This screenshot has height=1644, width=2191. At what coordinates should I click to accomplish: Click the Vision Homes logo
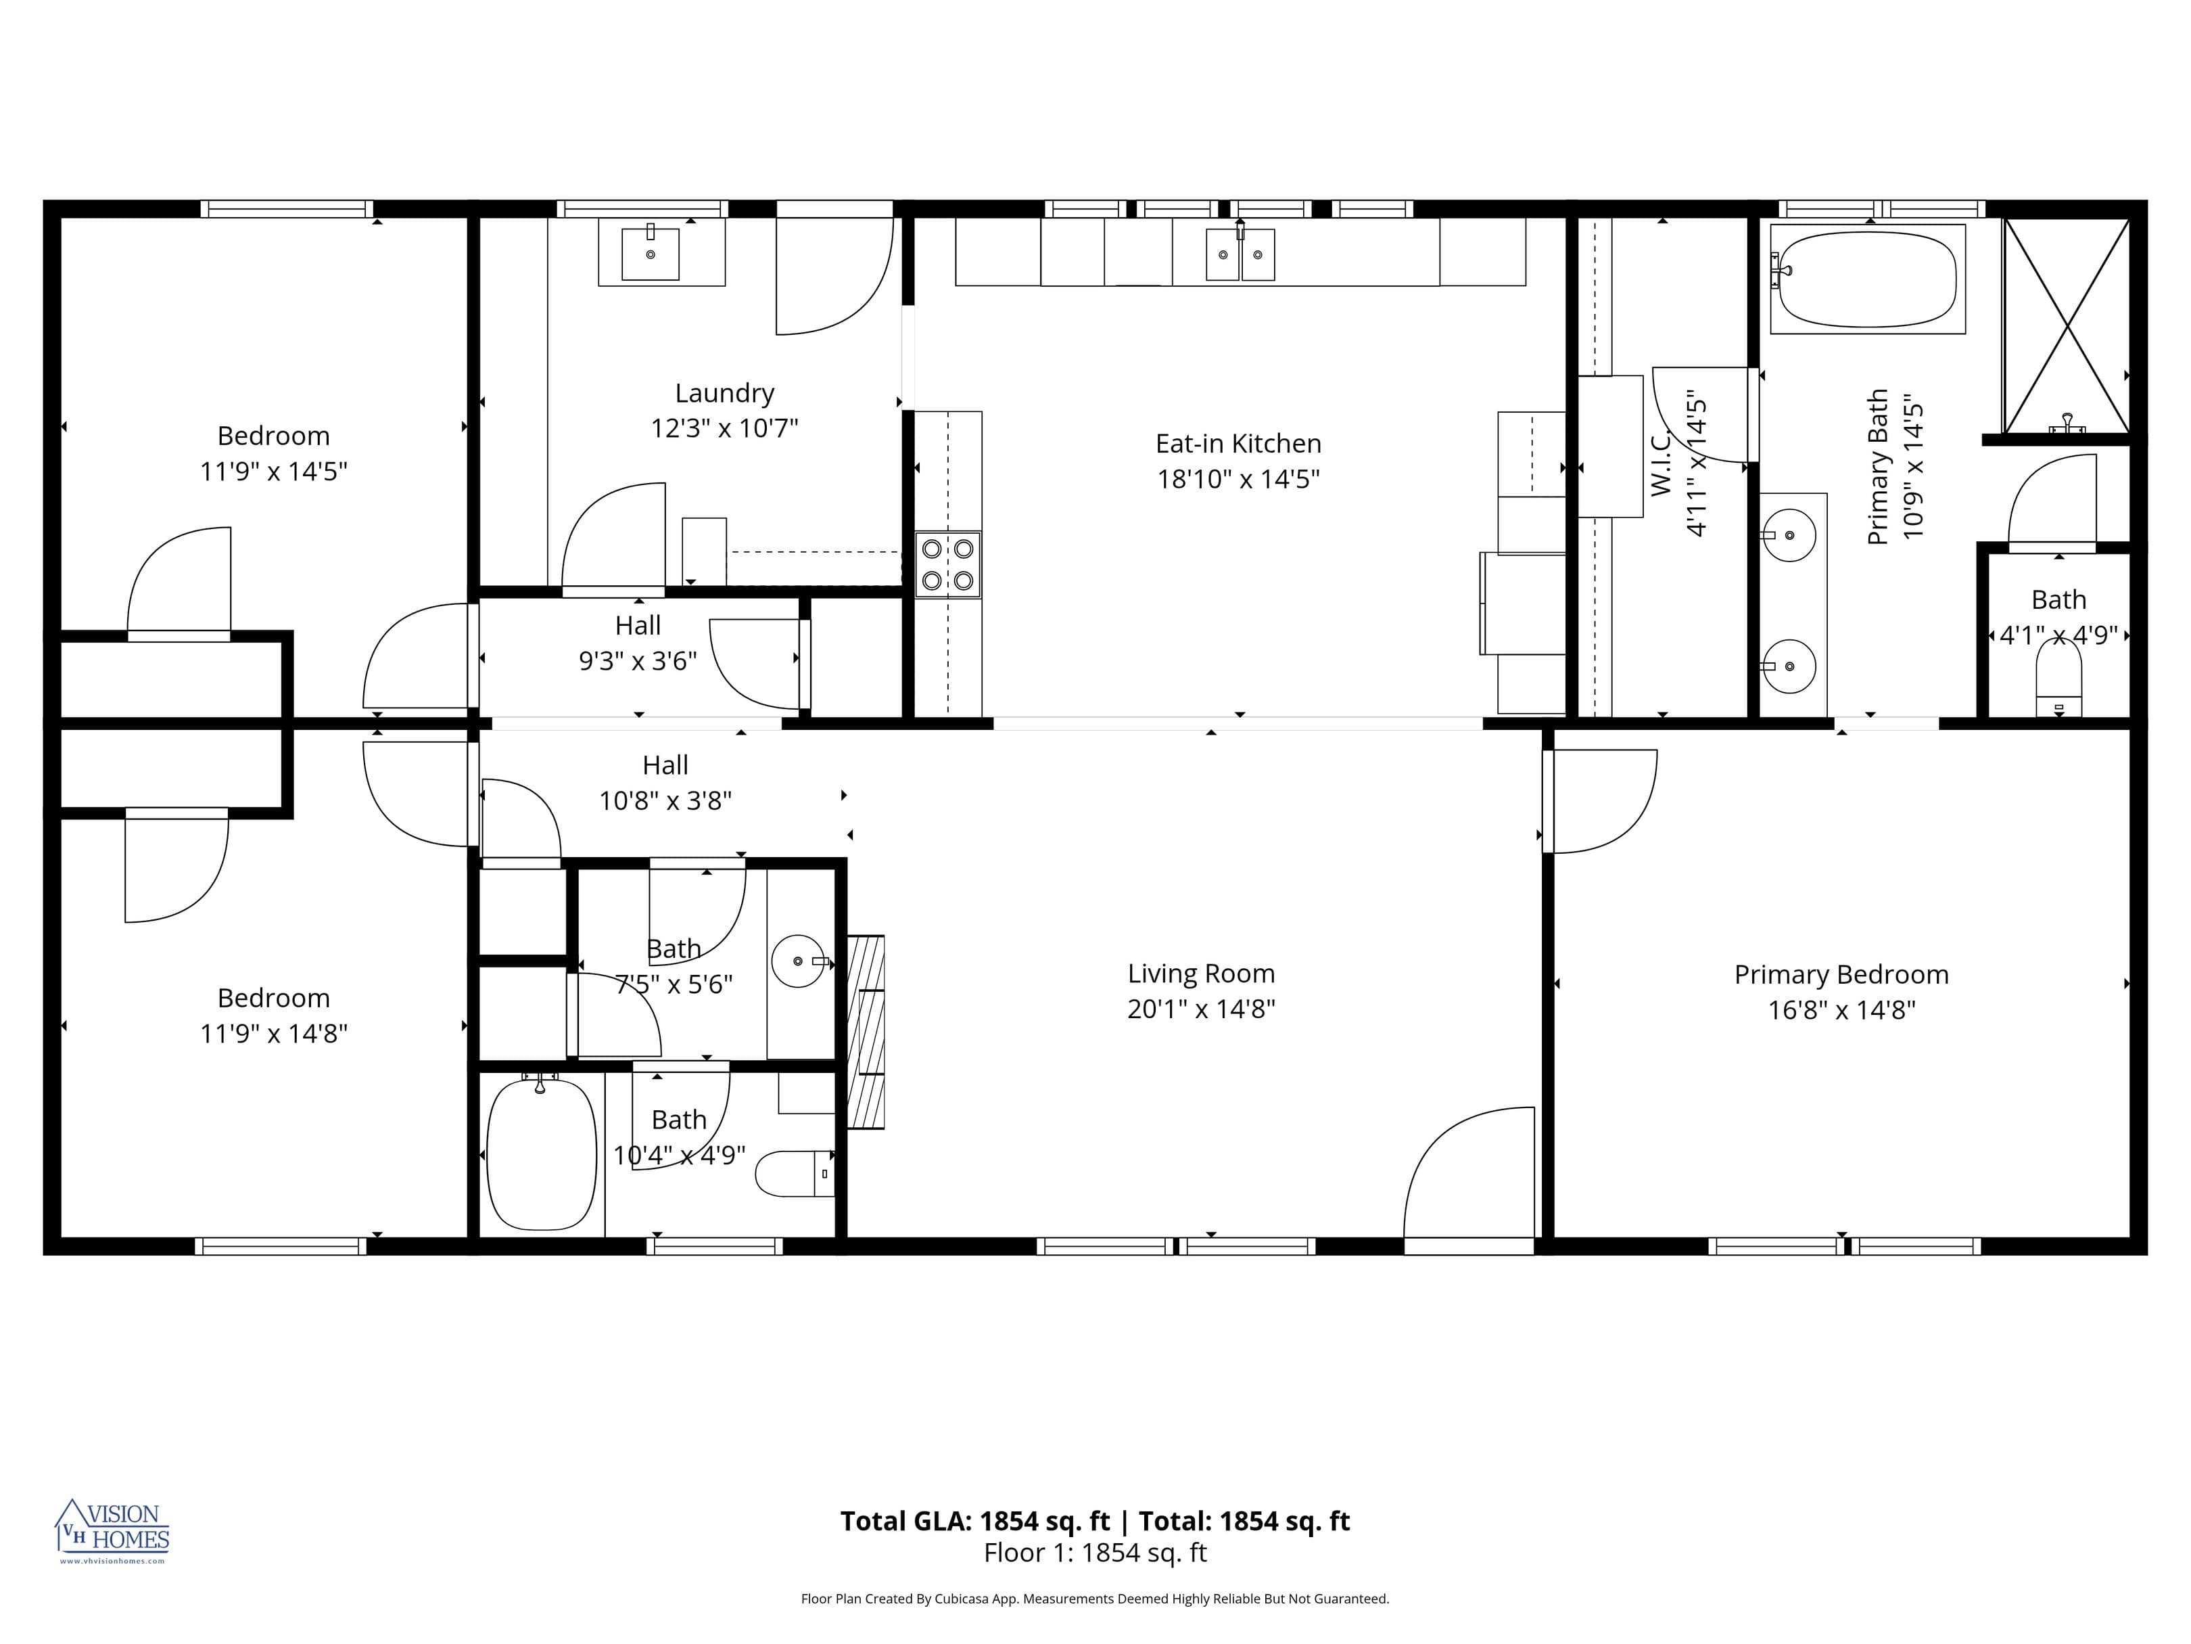click(113, 1530)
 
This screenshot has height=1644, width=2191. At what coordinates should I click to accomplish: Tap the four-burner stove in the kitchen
click(947, 565)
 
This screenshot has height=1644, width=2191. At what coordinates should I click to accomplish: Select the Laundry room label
click(724, 394)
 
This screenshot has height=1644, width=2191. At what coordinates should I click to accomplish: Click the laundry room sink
click(651, 254)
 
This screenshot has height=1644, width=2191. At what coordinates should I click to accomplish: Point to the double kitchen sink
click(1239, 254)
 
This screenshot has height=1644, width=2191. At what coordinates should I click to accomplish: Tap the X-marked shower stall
click(2066, 326)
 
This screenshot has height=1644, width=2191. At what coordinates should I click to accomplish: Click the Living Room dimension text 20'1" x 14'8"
click(1200, 1009)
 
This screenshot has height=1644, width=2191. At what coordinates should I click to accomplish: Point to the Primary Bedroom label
click(1840, 974)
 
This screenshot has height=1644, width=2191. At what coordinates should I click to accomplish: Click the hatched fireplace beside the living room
click(866, 1032)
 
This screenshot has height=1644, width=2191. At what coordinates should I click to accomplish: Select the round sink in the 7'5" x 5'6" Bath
click(797, 961)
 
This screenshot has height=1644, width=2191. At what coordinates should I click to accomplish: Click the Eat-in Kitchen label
click(1238, 443)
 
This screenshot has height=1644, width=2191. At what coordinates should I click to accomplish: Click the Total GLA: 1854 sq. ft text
click(974, 1521)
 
